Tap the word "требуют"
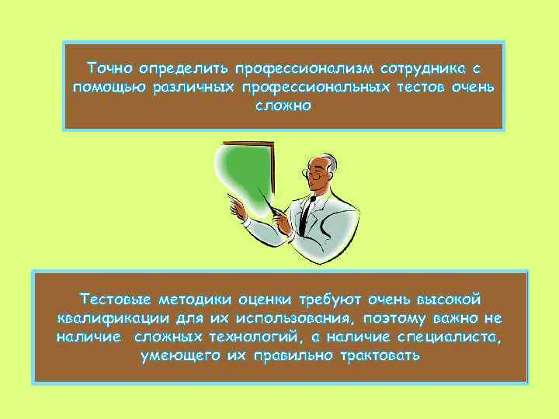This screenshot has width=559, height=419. (x=333, y=299)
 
